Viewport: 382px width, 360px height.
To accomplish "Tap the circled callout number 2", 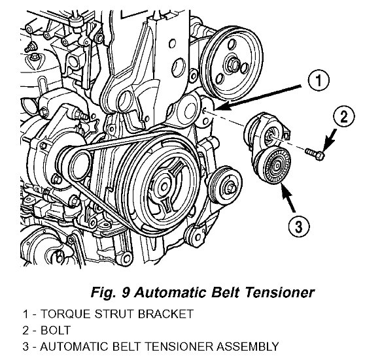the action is click(344, 116).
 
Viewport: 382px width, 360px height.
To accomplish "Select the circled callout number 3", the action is click(299, 226).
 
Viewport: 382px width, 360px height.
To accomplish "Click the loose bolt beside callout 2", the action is click(315, 154).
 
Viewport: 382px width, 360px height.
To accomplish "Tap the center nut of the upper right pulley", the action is click(233, 64).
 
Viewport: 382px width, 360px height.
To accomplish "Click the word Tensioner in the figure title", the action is click(279, 292).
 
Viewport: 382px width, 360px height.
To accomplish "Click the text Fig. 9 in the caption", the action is click(111, 292).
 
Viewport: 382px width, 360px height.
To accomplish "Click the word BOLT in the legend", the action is click(56, 331).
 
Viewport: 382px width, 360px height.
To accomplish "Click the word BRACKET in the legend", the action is click(165, 314).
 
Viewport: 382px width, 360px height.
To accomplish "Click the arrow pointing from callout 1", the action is click(258, 97).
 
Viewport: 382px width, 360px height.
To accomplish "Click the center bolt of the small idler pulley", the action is click(231, 188).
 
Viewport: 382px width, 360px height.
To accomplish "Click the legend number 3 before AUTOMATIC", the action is click(26, 347).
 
